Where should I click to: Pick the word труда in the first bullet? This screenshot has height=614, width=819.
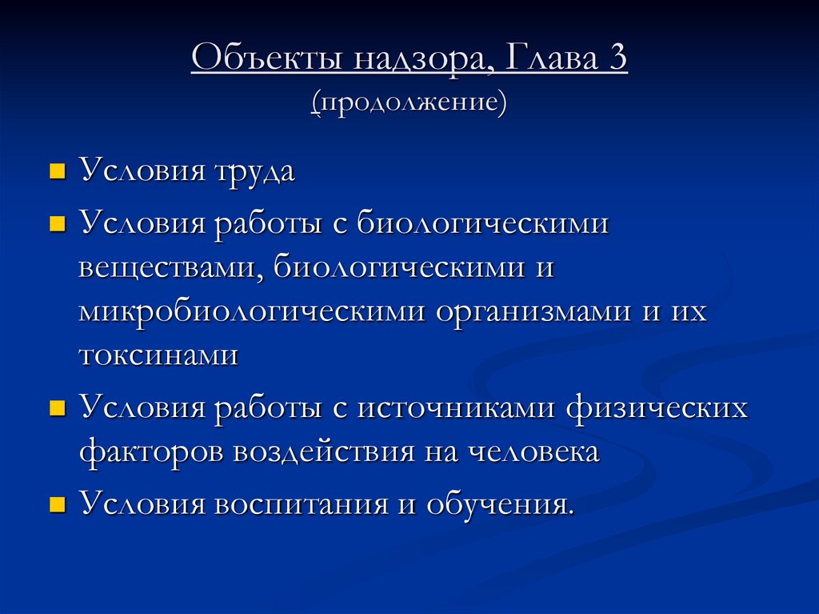point(253,172)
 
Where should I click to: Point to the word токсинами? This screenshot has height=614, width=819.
point(158,355)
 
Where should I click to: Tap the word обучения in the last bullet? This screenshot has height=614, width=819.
point(500,506)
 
